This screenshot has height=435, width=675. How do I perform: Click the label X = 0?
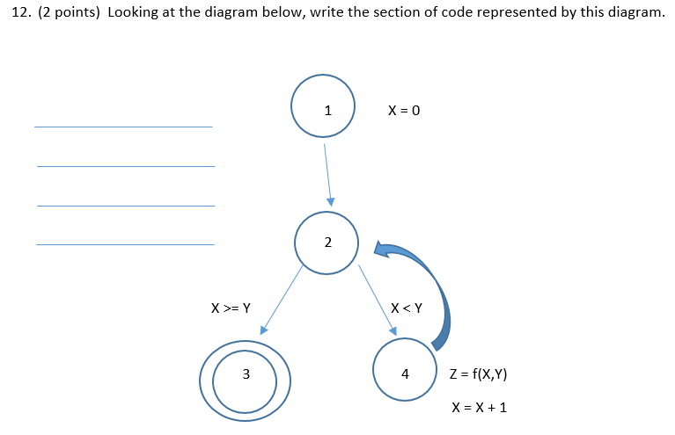point(404,112)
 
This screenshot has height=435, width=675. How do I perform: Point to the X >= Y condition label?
point(231,308)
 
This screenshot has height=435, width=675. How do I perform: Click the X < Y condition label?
point(407,308)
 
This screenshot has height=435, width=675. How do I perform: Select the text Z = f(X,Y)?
point(478,374)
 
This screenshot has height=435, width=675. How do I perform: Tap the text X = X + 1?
point(479,408)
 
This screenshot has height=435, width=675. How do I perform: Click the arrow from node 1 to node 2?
point(327,173)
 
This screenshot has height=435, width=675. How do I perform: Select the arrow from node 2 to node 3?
point(282,300)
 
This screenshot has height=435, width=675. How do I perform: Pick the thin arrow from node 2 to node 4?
point(378,299)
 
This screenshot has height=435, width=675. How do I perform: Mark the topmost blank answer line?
point(123,127)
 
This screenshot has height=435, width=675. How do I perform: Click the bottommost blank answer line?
point(125,244)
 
